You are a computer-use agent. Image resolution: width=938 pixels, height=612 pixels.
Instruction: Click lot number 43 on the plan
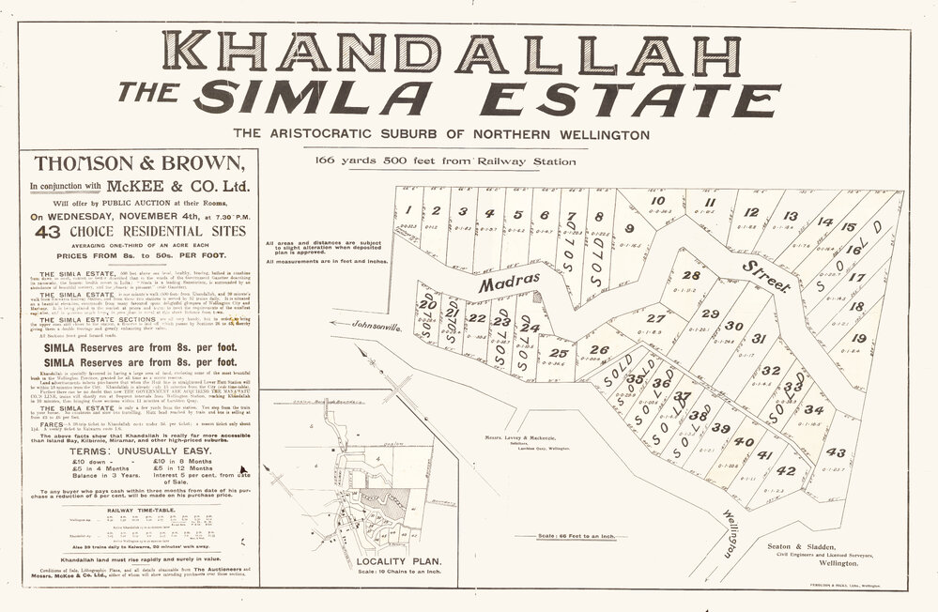click(x=834, y=452)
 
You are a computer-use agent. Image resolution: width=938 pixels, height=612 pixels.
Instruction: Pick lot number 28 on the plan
click(x=691, y=275)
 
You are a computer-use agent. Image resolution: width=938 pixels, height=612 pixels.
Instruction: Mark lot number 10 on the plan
click(x=657, y=201)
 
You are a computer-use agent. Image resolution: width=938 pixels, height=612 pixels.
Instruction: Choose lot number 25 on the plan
click(x=560, y=353)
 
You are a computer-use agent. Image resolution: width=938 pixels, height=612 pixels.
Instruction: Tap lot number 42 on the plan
click(x=786, y=470)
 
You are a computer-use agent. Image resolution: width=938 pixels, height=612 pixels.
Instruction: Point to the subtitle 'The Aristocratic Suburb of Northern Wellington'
click(x=441, y=134)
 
